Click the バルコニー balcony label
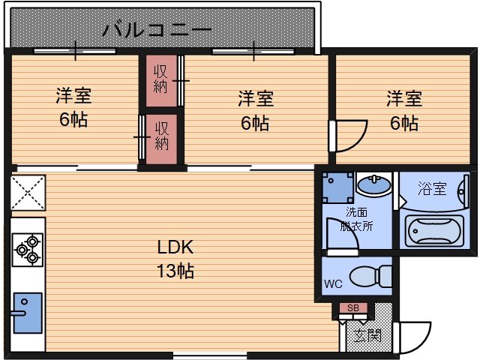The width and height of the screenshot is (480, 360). tap(157, 31)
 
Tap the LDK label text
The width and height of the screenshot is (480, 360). tap(175, 247)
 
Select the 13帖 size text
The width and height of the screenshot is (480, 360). tap(175, 271)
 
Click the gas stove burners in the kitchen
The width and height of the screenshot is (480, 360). tap(28, 250)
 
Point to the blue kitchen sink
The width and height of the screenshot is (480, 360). tap(28, 310)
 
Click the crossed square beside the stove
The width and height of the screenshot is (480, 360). tap(28, 192)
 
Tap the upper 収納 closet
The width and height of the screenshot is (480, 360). tap(160, 81)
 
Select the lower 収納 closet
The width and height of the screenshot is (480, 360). tap(160, 136)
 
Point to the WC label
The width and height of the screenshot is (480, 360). tap(334, 284)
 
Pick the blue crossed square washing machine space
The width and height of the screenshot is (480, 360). tap(337, 187)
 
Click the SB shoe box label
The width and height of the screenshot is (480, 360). tap(352, 308)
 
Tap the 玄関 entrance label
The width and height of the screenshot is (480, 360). tap(367, 334)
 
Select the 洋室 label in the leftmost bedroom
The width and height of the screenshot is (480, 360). tap(73, 97)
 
